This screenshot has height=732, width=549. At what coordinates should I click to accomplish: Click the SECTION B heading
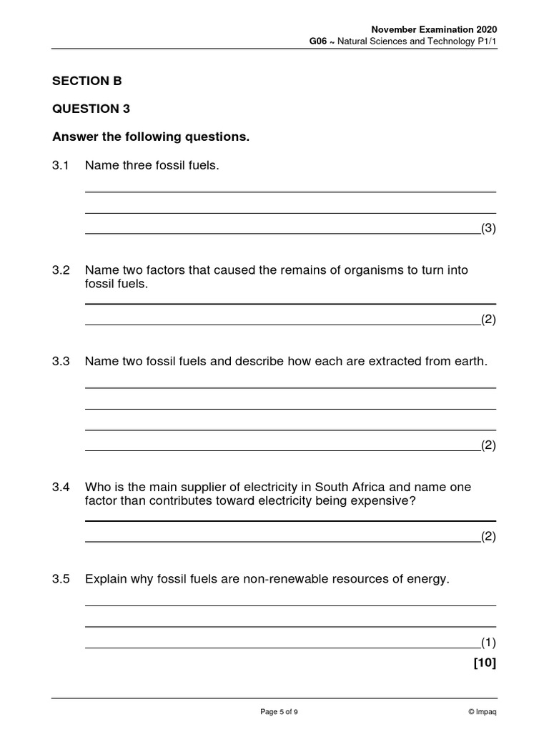86,81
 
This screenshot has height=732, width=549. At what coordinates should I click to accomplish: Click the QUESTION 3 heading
91,109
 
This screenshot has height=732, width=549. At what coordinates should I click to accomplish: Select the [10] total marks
484,663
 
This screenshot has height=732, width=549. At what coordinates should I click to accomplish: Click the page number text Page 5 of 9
279,711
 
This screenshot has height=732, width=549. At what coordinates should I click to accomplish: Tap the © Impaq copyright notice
482,711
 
